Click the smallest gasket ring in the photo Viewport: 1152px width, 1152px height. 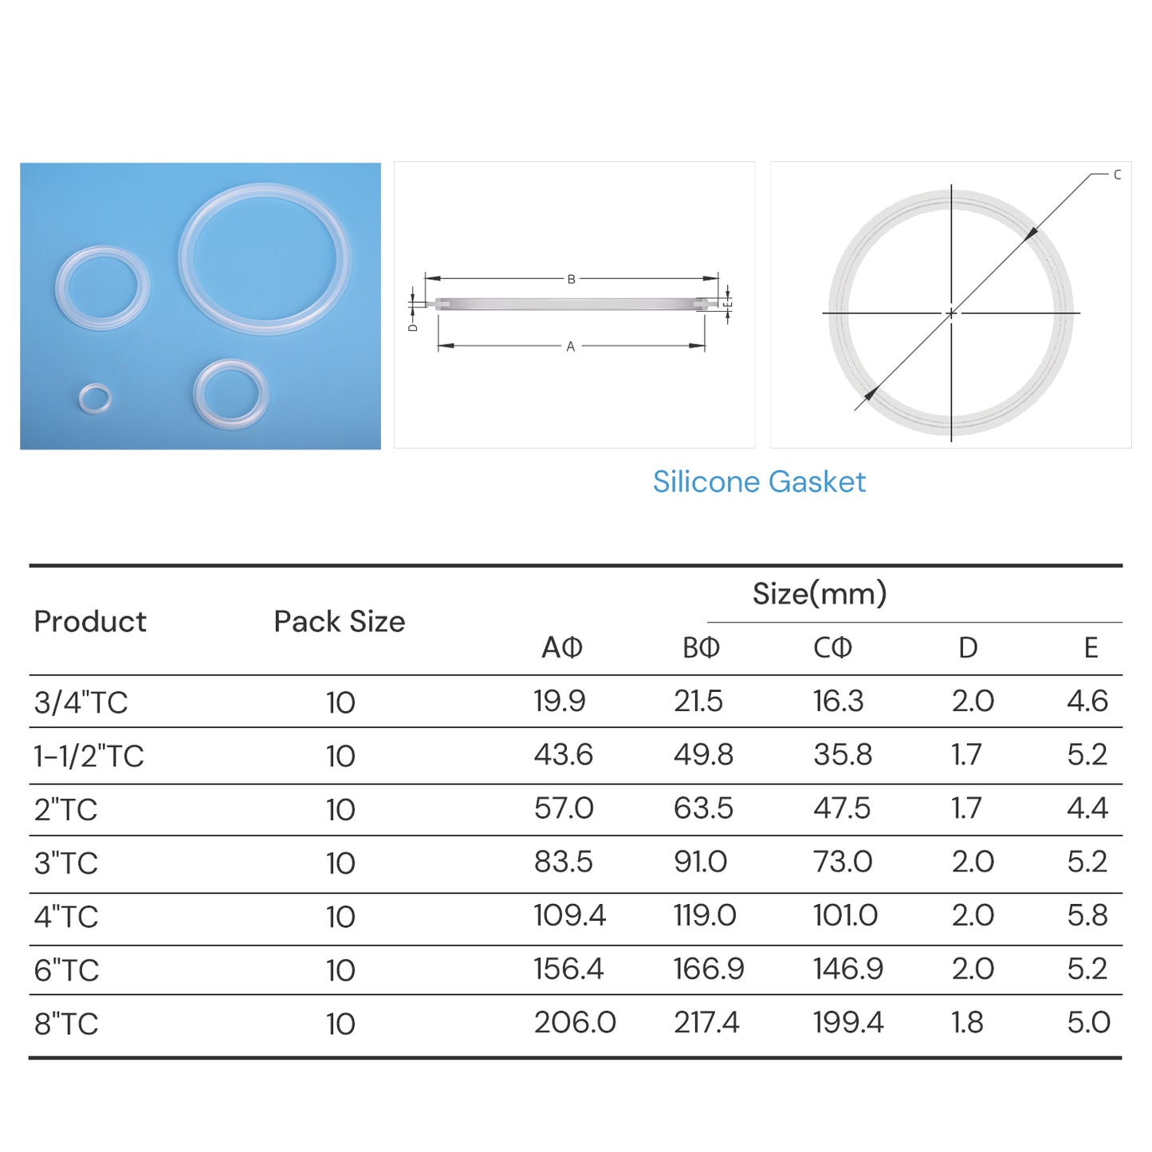point(95,398)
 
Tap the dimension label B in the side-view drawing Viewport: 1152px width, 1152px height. point(571,279)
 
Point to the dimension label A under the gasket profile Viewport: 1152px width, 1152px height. point(570,347)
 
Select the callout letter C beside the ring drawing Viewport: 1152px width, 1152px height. point(1117,175)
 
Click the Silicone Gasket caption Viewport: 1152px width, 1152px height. point(758,482)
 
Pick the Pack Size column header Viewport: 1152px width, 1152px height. point(339,622)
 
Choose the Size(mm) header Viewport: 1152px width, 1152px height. point(819,594)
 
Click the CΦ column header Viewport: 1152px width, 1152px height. point(832,647)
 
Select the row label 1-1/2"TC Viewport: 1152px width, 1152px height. point(88,756)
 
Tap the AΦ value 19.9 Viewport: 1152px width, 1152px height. point(559,702)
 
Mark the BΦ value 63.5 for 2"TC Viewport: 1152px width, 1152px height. point(702,808)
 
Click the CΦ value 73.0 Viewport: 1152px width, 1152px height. point(842,862)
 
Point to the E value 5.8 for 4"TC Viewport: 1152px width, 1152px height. point(1087,915)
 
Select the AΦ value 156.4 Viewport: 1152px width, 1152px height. point(568,969)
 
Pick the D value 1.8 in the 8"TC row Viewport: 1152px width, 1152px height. point(967,1022)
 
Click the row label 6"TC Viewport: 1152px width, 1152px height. point(66,970)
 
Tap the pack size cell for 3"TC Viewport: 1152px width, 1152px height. point(340,863)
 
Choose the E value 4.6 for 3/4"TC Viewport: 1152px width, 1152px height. point(1087,702)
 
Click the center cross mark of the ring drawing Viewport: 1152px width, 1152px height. point(950,313)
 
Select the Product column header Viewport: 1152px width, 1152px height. point(90,622)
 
